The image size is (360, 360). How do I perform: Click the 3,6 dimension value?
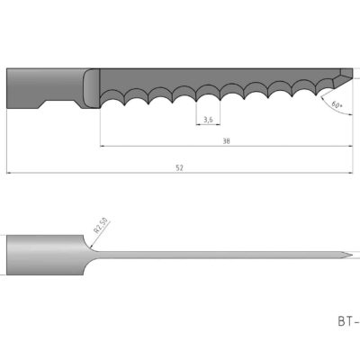(208, 119)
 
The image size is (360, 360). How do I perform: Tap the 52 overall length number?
(180, 167)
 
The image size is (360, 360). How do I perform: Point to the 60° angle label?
(337, 105)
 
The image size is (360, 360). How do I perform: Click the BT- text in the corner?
(347, 319)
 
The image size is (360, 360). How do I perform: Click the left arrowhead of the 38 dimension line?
(103, 145)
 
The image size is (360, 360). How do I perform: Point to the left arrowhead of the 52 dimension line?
(9, 172)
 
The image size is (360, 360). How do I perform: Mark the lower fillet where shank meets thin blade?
(90, 269)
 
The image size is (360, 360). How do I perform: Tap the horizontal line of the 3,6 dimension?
(208, 124)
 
